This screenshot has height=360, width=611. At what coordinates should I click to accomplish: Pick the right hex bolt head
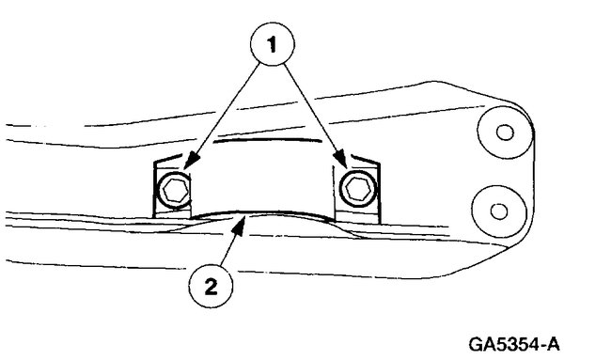(357, 188)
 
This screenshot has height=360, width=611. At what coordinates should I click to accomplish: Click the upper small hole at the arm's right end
(504, 132)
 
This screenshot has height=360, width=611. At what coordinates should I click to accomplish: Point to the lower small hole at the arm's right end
(499, 209)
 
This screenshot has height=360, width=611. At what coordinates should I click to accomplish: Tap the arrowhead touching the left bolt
(188, 168)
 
